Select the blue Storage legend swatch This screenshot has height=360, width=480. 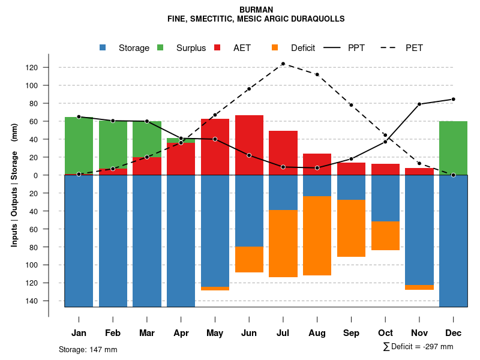(x=103, y=48)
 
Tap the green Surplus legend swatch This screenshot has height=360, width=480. (x=160, y=48)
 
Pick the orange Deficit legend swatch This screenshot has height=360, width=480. (x=275, y=48)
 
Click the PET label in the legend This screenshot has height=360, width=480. (x=415, y=48)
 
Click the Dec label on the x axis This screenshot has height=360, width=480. (x=453, y=333)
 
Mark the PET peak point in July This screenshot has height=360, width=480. (x=283, y=64)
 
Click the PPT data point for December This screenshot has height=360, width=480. (x=453, y=99)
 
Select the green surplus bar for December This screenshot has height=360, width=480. (x=453, y=148)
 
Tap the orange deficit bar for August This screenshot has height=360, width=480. (x=317, y=236)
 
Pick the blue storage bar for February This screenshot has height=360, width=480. (x=113, y=241)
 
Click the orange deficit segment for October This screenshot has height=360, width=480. (x=385, y=236)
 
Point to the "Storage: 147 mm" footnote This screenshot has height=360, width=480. (x=88, y=349)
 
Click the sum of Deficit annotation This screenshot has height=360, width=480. (x=418, y=347)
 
